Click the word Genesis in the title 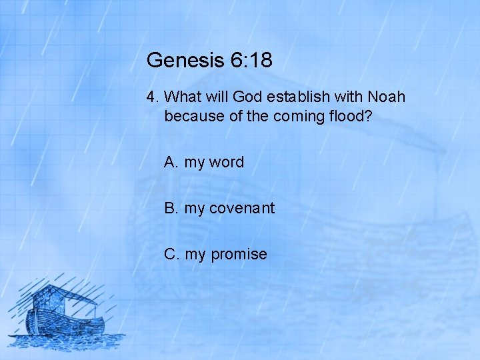point(175,61)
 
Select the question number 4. point(152,97)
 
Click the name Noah point(386,97)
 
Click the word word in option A point(227,162)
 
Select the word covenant point(242,208)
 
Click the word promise point(239,254)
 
